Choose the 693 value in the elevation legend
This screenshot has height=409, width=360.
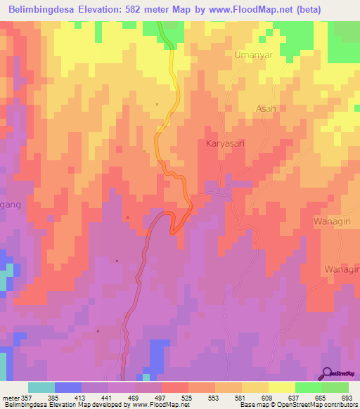click(347, 397)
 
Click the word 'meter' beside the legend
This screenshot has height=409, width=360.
click(9, 397)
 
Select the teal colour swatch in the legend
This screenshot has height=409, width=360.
click(41, 387)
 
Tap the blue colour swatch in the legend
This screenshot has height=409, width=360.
click(68, 387)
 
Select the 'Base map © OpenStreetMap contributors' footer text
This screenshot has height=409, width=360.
click(297, 405)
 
